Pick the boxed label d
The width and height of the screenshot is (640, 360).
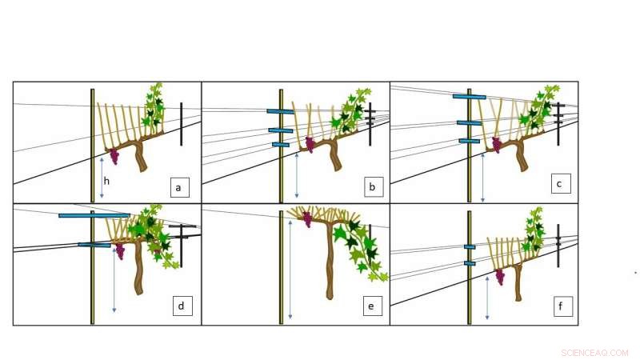click(182, 305)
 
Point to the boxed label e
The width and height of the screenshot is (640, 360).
click(370, 305)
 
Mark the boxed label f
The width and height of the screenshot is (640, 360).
click(563, 305)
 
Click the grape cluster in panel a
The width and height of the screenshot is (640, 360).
click(114, 156)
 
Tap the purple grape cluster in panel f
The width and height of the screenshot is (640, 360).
click(500, 277)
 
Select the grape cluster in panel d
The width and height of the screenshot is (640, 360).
click(120, 251)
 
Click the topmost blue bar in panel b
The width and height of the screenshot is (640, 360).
click(281, 111)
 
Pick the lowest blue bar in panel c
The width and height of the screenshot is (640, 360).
click(469, 141)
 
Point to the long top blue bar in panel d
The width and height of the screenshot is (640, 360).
click(94, 215)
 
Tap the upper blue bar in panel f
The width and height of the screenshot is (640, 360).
click(470, 246)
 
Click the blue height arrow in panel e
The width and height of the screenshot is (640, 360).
click(290, 264)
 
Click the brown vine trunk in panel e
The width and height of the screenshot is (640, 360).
click(329, 264)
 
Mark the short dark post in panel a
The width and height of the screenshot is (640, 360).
click(182, 124)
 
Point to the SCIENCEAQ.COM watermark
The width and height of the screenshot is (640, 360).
click(594, 352)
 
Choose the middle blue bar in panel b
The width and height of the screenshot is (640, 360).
click(281, 130)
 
